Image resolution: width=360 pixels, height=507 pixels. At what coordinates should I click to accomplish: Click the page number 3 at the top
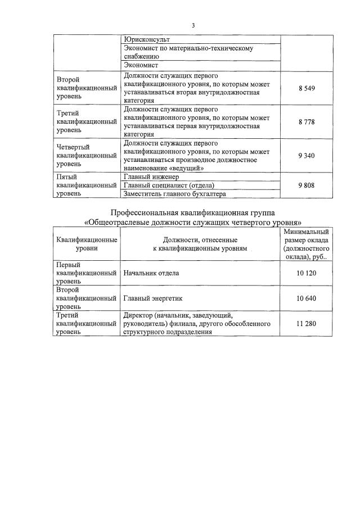(193, 25)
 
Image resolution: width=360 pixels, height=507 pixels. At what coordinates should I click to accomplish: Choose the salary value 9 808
(306, 185)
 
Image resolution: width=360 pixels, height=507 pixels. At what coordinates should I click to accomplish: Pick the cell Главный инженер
(150, 176)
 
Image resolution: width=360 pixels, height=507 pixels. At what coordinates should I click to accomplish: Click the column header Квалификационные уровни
(87, 243)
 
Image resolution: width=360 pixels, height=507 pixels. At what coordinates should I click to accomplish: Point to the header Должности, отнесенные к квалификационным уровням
(200, 243)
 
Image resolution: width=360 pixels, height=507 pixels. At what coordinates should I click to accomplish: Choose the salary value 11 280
(306, 324)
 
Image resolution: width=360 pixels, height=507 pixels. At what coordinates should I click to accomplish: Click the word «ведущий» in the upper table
(188, 168)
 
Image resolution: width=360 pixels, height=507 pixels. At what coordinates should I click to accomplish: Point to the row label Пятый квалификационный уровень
(87, 185)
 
